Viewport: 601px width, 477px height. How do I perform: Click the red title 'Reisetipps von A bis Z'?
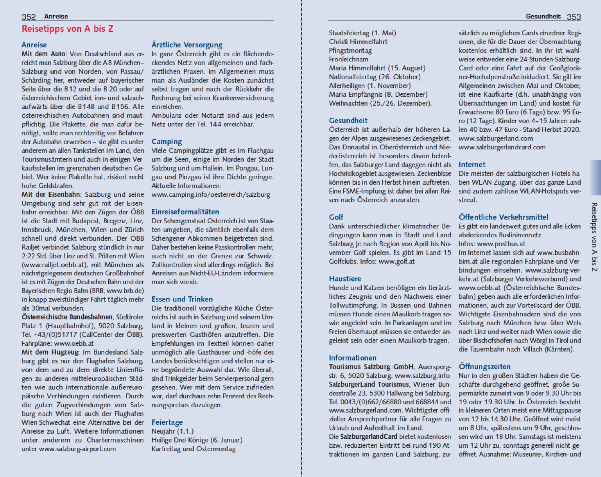67,29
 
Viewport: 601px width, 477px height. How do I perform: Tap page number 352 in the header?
28,17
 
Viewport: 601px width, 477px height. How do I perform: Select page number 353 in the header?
574,17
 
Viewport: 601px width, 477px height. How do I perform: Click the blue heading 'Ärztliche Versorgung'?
187,45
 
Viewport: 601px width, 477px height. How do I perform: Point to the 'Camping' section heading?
166,142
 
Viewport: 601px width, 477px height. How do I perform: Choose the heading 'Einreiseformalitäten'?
185,212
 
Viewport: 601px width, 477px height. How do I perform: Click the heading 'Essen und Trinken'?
182,299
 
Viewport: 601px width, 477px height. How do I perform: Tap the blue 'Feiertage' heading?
167,422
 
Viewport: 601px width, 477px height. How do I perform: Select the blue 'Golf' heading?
336,217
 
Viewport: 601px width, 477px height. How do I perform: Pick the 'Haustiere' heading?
345,279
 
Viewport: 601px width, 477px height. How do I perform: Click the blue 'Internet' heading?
472,165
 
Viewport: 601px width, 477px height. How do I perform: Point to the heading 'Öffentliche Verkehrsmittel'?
503,217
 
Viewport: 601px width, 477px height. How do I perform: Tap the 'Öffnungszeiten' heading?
484,367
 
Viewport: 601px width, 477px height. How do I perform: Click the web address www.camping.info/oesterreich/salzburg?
210,195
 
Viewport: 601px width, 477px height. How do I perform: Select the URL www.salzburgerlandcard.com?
502,147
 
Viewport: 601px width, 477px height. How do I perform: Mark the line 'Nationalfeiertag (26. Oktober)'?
374,77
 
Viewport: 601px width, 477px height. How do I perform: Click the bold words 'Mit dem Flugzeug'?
51,353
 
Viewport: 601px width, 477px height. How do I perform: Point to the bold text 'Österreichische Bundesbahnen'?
67,317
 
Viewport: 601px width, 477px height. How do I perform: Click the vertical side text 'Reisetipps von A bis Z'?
594,237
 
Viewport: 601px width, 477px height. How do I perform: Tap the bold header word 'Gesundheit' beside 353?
543,16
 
